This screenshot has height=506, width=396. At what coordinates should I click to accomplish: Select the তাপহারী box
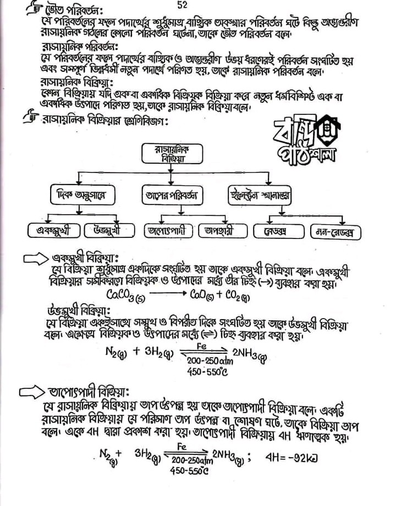pyautogui.click(x=222, y=231)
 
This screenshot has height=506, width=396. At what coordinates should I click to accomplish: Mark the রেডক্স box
pyautogui.click(x=280, y=232)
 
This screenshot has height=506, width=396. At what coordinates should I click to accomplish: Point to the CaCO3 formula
pyautogui.click(x=126, y=296)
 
